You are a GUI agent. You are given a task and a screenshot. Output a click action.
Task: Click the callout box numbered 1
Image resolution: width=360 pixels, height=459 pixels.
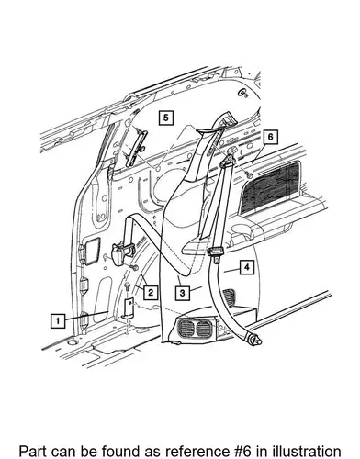[58, 321]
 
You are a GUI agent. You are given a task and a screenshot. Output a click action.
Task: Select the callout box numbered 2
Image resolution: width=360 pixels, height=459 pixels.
[151, 292]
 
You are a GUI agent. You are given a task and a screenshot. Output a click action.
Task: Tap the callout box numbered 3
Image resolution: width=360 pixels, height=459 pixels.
[183, 293]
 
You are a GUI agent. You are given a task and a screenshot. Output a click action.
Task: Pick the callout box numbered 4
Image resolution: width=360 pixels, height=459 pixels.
[247, 267]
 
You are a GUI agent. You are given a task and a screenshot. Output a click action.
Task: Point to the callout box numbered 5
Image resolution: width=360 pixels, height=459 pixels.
[166, 118]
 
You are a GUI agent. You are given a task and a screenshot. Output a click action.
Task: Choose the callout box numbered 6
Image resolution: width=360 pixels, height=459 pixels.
[270, 137]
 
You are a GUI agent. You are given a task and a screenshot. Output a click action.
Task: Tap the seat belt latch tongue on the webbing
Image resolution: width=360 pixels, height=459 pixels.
[214, 253]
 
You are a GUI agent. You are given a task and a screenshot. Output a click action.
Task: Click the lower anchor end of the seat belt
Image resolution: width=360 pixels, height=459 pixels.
[254, 339]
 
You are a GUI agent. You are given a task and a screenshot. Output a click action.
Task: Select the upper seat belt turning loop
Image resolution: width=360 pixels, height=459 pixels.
[228, 162]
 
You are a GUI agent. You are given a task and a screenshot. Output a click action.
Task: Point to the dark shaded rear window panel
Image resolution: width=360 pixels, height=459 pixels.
[270, 188]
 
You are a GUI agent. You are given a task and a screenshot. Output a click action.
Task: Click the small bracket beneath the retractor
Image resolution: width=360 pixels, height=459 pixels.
[129, 308]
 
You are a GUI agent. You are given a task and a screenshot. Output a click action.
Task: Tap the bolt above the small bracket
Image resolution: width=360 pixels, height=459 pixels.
[127, 287]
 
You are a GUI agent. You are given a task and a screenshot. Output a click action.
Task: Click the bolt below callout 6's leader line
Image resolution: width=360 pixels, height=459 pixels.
[249, 175]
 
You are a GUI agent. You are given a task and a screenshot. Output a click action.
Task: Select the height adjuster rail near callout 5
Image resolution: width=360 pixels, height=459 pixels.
[135, 145]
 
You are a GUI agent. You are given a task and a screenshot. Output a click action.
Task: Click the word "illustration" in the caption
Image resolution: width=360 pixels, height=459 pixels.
[301, 451]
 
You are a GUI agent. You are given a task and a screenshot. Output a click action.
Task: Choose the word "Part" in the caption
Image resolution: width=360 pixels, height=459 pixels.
[32, 451]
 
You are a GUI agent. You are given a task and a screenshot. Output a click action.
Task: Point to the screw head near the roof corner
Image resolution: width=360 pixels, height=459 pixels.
[244, 93]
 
